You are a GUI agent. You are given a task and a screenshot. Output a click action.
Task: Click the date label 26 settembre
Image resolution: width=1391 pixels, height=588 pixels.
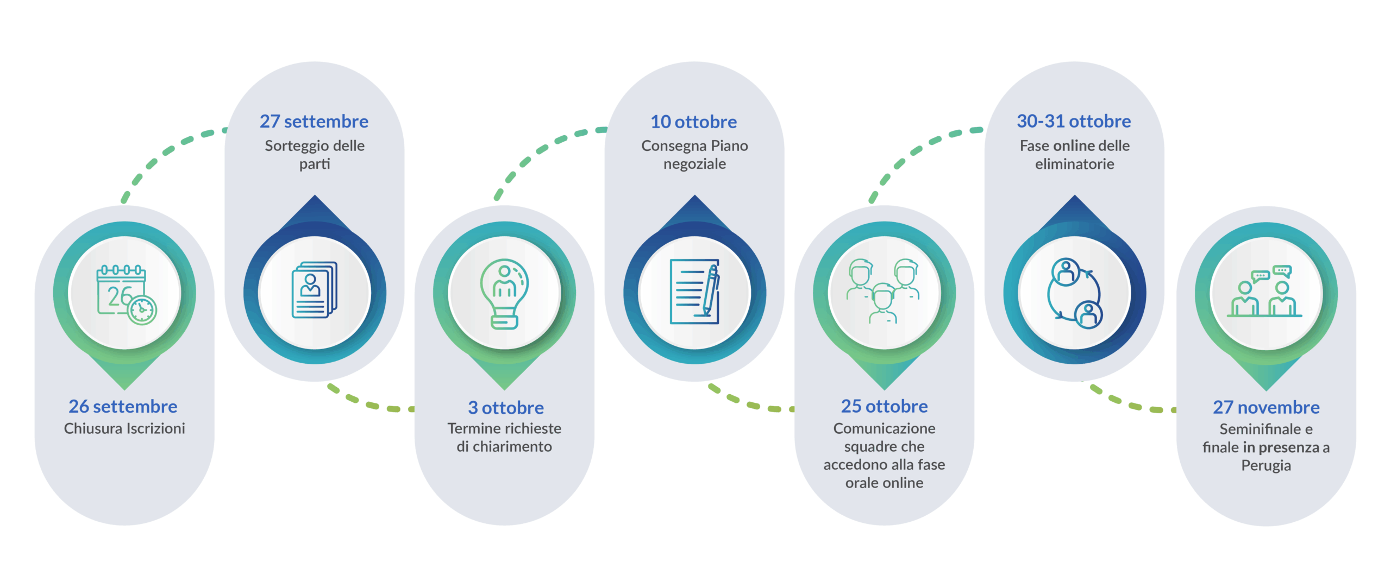(x=123, y=406)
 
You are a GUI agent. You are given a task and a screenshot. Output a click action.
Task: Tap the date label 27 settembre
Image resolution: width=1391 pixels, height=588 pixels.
(x=314, y=121)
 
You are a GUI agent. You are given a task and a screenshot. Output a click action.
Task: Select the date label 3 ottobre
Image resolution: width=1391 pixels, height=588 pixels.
(x=505, y=407)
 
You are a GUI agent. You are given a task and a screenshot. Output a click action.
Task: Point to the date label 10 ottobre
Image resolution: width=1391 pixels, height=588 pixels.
(x=694, y=122)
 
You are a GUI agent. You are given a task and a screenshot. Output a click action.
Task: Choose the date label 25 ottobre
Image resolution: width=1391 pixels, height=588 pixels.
(x=884, y=406)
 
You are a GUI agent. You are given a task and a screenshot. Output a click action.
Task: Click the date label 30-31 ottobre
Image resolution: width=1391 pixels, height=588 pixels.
(x=1074, y=121)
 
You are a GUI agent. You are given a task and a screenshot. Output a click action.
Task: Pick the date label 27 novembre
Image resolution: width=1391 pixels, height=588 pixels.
(x=1266, y=407)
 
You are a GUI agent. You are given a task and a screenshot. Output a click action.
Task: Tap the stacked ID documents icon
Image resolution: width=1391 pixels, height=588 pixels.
(x=315, y=290)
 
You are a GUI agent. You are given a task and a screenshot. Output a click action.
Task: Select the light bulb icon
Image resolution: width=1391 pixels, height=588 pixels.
(x=504, y=293)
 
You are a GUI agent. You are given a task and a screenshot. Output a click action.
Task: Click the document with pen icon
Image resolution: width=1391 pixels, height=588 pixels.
(x=694, y=292)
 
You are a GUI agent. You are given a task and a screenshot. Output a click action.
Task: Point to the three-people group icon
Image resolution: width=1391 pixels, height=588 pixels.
(x=884, y=291)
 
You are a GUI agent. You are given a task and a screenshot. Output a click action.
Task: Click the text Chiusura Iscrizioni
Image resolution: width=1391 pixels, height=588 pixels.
(x=124, y=428)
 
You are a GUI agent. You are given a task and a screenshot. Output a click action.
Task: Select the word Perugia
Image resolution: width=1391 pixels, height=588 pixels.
(x=1266, y=465)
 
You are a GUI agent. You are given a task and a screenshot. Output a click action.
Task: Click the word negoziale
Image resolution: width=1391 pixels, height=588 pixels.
(x=694, y=164)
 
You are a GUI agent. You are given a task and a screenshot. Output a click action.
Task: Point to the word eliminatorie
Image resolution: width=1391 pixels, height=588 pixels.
(x=1074, y=164)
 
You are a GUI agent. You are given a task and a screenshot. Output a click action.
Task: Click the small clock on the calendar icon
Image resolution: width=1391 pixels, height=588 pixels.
(x=142, y=310)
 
